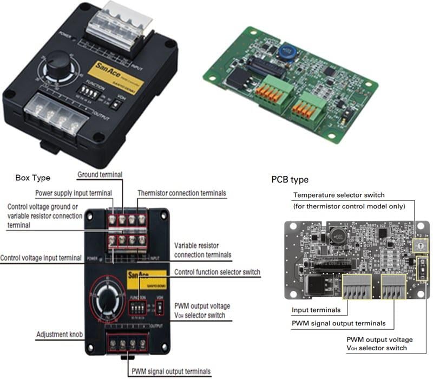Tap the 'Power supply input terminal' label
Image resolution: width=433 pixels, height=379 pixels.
(74, 193)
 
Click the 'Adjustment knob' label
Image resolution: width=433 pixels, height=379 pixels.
(58, 335)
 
